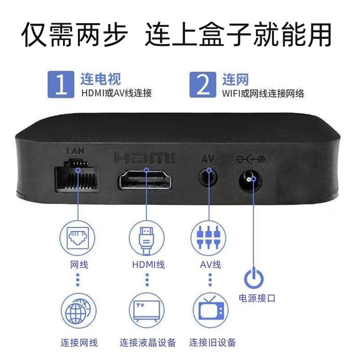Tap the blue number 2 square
(x=203, y=84)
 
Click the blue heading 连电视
(x=100, y=80)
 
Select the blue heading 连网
(x=235, y=80)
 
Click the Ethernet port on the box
(x=76, y=179)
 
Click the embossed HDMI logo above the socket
(x=145, y=158)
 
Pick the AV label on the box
(x=207, y=158)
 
